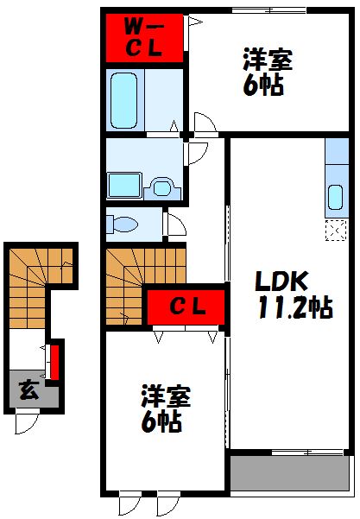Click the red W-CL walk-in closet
143,37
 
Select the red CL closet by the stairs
186,306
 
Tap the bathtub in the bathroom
126,98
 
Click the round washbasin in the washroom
159,184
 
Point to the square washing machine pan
121,185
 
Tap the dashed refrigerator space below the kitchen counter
334,230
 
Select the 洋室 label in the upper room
267,61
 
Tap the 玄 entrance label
28,389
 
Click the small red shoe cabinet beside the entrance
54,361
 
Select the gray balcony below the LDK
288,472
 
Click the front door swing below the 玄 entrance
26,421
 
